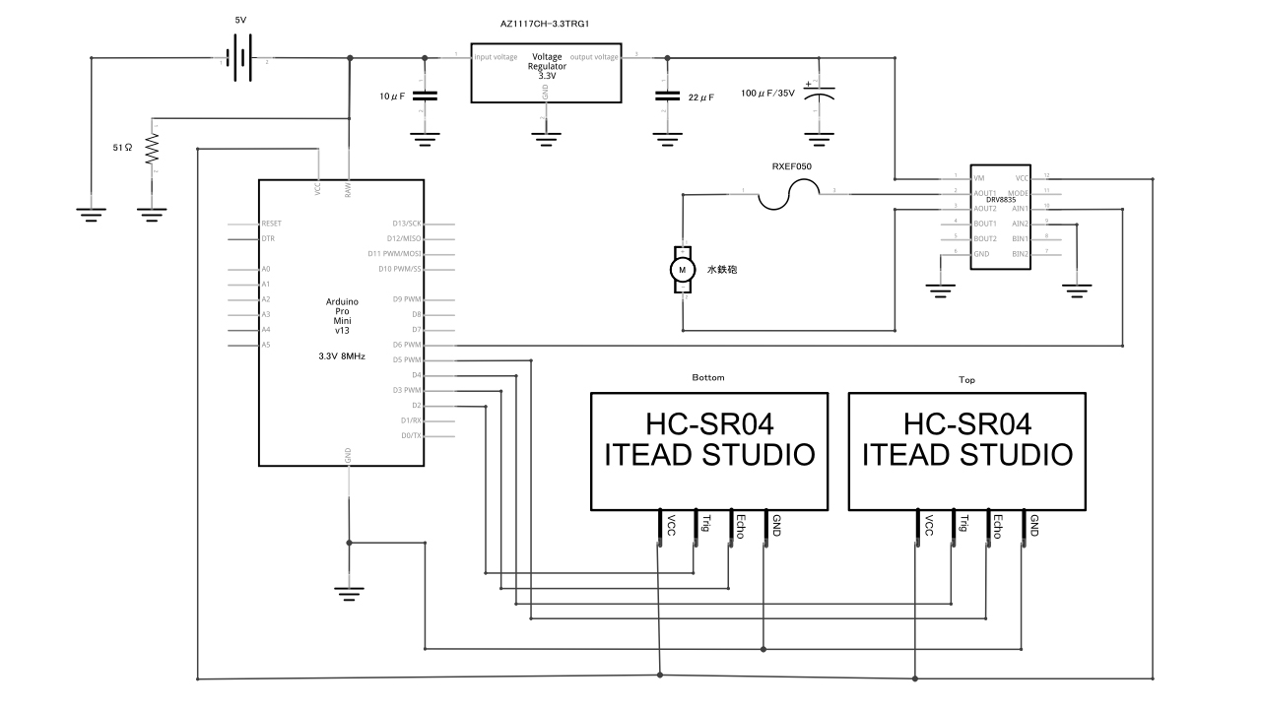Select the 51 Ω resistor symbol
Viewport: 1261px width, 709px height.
(153, 149)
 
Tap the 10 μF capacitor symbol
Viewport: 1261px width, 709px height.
(425, 96)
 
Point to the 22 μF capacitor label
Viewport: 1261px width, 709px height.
(700, 97)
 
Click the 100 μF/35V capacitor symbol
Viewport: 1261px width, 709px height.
(817, 96)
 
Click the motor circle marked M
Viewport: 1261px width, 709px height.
(682, 269)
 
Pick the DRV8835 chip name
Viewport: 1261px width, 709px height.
(1000, 200)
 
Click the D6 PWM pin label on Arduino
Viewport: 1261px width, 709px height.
(406, 345)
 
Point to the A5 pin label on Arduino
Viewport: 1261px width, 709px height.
(266, 345)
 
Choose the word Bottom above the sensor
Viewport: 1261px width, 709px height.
(708, 377)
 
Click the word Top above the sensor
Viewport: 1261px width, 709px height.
(966, 377)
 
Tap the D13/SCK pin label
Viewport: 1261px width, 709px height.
(406, 224)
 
